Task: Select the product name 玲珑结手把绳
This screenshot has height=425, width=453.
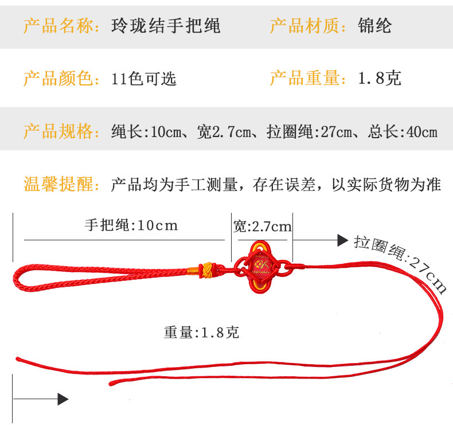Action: (166, 26)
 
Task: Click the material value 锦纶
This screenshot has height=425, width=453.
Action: (374, 26)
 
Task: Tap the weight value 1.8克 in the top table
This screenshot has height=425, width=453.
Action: (379, 78)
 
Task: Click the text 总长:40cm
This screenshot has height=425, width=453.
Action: (403, 132)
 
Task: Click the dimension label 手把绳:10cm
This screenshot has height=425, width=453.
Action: (131, 225)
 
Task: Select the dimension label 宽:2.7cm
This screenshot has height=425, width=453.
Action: (263, 226)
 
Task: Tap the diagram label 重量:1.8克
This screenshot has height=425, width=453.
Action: (201, 332)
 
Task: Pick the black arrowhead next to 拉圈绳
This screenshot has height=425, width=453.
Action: (342, 240)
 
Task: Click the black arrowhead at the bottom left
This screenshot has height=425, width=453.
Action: (63, 399)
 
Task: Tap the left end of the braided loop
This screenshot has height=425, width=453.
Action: (16, 278)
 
